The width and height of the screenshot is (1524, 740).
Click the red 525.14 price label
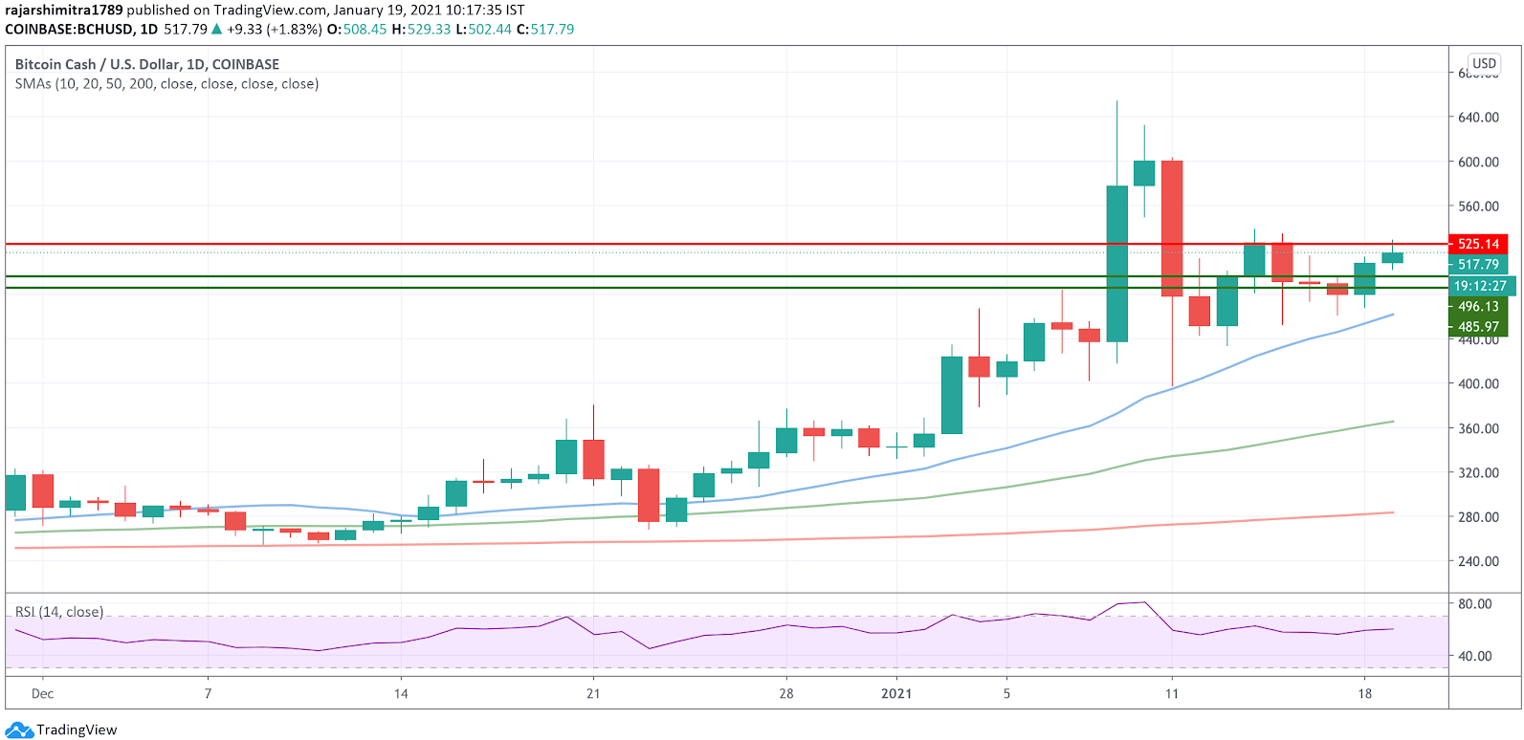tap(1478, 244)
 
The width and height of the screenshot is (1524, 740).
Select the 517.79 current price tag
tap(1478, 265)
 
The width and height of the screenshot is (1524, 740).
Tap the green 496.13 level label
tap(1478, 307)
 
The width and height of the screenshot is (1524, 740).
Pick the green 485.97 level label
tap(1478, 327)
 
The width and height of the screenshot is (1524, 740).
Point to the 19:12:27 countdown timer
tap(1479, 286)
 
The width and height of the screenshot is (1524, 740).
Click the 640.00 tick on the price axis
tap(1478, 118)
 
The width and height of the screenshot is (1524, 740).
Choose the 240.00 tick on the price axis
tap(1478, 561)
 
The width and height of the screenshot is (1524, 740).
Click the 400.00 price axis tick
tap(1478, 383)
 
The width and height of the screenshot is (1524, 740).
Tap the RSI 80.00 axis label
tap(1474, 604)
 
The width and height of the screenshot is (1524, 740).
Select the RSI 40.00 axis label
tap(1474, 656)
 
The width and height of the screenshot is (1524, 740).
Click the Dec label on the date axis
tap(42, 693)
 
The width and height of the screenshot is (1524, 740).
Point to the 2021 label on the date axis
tap(896, 693)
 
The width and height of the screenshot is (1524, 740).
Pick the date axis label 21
tap(593, 693)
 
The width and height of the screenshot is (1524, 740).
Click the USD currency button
tap(1484, 64)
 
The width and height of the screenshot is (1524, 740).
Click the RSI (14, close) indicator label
tap(59, 612)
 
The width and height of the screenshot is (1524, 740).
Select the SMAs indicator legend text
tap(166, 84)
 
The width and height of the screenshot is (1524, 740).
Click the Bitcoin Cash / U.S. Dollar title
tap(147, 64)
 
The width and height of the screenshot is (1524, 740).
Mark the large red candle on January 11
tap(1172, 229)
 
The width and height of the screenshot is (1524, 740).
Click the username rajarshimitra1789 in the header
tap(64, 11)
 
